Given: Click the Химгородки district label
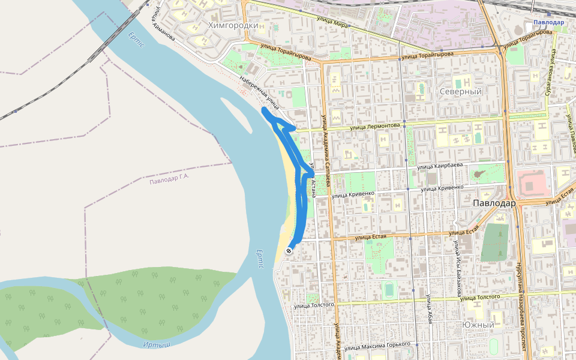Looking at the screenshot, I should pos(233,25).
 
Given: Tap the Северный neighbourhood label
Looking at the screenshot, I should pos(461,92).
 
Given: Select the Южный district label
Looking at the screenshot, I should pos(478,325).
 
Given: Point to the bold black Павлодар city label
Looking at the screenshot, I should pos(494,203).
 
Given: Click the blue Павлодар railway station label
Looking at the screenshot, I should pos(548,22).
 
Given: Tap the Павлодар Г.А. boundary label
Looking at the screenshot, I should pos(169,179).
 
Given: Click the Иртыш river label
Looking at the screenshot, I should pos(157,344).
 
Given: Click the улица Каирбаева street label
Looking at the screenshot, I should pos(441,166).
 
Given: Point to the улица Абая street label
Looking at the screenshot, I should pos(430,310).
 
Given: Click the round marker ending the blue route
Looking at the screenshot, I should pos(289,251).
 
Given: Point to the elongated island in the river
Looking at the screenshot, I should pos(236,114).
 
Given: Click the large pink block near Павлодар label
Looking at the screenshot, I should pos(533,184).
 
